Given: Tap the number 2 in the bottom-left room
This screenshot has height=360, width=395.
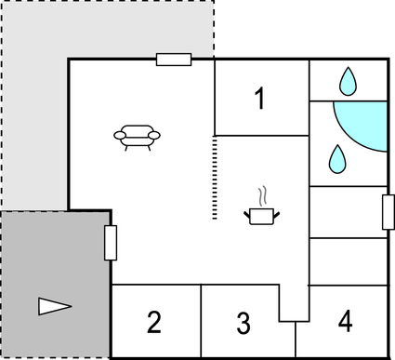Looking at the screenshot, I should click(x=154, y=323).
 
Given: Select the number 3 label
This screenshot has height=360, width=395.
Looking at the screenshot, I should click(x=243, y=324).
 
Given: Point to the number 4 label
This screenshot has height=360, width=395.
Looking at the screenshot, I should click(x=345, y=322).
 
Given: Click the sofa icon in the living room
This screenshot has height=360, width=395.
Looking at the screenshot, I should click(x=136, y=136).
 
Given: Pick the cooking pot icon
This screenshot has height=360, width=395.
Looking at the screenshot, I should click(x=261, y=216).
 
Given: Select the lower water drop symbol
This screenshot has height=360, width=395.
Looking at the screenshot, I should click(x=336, y=159).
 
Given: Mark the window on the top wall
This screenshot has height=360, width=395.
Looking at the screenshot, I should click(x=174, y=60).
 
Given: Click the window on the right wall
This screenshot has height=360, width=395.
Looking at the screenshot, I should click(x=388, y=212).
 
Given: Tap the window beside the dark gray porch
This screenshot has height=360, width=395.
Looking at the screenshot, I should click(x=111, y=243).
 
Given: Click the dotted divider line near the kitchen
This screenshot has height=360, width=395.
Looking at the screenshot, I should click(x=215, y=177).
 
